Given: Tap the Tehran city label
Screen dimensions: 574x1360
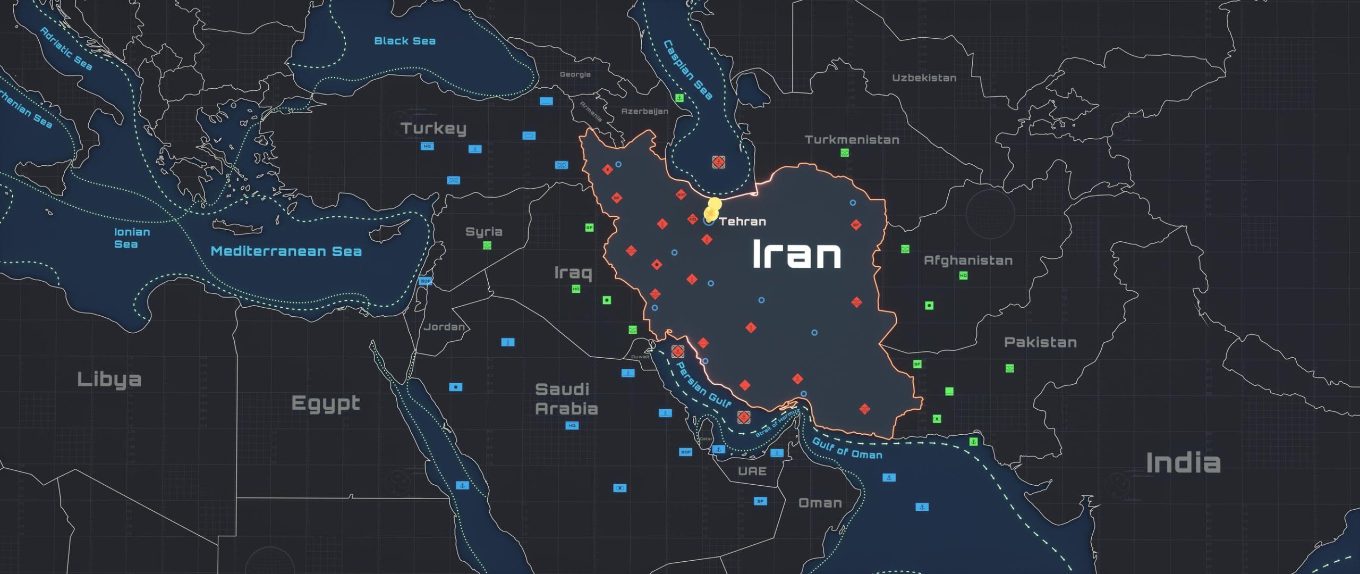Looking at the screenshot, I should point(742,222).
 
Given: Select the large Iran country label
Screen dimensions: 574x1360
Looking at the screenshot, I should point(796,254).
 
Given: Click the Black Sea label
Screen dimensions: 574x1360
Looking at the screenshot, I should point(405,41).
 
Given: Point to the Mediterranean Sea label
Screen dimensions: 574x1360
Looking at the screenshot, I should point(286,251).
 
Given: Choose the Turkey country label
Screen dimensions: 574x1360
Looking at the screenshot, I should point(433,128).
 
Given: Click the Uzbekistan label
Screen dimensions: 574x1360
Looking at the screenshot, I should point(924,78).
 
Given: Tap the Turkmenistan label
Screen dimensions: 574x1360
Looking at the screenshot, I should point(852,140).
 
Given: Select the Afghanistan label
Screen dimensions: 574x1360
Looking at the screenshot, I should point(968,260).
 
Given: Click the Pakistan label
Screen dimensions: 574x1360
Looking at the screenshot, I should point(1040,342).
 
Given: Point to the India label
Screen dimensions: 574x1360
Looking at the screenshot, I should point(1183,463).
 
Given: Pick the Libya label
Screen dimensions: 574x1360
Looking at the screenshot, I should point(109,379).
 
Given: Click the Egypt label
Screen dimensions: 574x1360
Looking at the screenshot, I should point(326,404).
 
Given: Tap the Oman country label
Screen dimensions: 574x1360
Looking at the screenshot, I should point(820,503).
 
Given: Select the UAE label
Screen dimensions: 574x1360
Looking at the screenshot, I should point(752,471).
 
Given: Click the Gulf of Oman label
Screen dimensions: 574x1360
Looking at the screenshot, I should point(847,448).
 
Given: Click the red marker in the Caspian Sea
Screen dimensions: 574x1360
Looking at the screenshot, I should point(718,162).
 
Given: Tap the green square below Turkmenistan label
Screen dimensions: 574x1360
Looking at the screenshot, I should point(845,153).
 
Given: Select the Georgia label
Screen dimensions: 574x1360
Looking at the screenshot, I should point(575,74).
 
